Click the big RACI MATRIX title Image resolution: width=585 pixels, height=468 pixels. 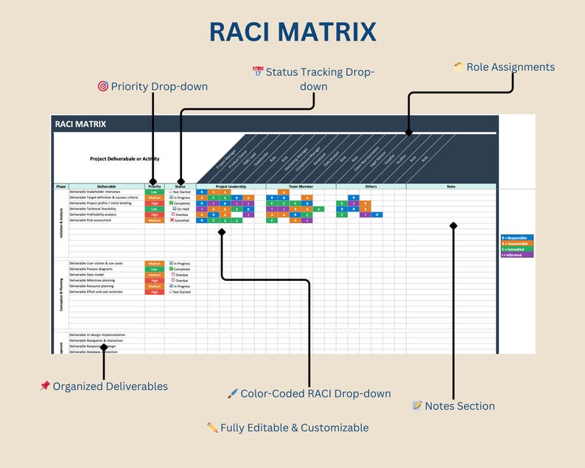(292, 32)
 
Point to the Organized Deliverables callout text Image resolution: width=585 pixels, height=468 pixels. (110, 386)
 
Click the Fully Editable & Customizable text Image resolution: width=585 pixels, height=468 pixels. (294, 427)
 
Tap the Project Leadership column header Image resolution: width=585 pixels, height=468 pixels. (231, 186)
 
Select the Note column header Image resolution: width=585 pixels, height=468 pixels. (451, 186)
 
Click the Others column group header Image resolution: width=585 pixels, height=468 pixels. (371, 186)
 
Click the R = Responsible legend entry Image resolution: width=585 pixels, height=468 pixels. (516, 238)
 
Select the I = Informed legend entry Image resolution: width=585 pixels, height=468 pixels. (516, 254)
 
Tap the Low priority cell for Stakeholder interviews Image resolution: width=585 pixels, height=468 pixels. (154, 192)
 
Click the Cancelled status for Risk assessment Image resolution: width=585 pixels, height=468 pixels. (181, 220)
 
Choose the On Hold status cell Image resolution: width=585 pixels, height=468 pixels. (181, 209)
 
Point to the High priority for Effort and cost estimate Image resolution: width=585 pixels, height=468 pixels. (154, 292)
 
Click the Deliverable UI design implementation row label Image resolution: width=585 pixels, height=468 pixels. (102, 335)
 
